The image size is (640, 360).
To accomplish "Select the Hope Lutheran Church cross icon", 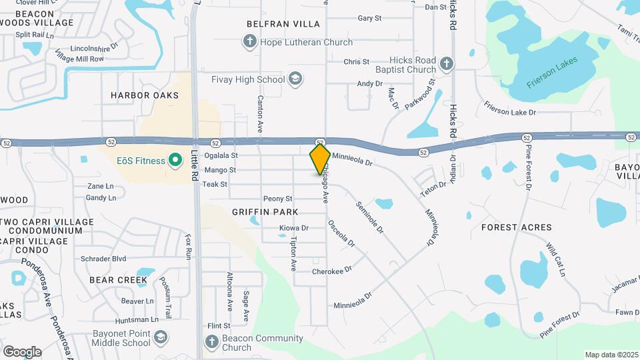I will click(x=249, y=43).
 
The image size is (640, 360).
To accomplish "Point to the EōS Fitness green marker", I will click(x=175, y=160).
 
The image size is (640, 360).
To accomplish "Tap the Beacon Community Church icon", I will click(x=211, y=343).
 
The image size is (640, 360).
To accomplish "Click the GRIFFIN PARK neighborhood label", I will click(x=265, y=212).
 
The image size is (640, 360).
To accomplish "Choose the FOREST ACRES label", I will click(x=516, y=227).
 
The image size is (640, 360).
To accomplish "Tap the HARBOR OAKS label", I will click(x=145, y=95).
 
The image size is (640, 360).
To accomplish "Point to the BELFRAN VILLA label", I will click(x=283, y=24).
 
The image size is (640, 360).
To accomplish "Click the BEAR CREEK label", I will click(x=118, y=280).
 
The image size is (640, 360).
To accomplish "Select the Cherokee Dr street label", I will click(x=331, y=271).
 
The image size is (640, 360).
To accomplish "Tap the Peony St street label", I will click(x=278, y=199).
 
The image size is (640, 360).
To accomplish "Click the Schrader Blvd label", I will click(x=103, y=259).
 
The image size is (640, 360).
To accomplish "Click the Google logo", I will click(x=22, y=352).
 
